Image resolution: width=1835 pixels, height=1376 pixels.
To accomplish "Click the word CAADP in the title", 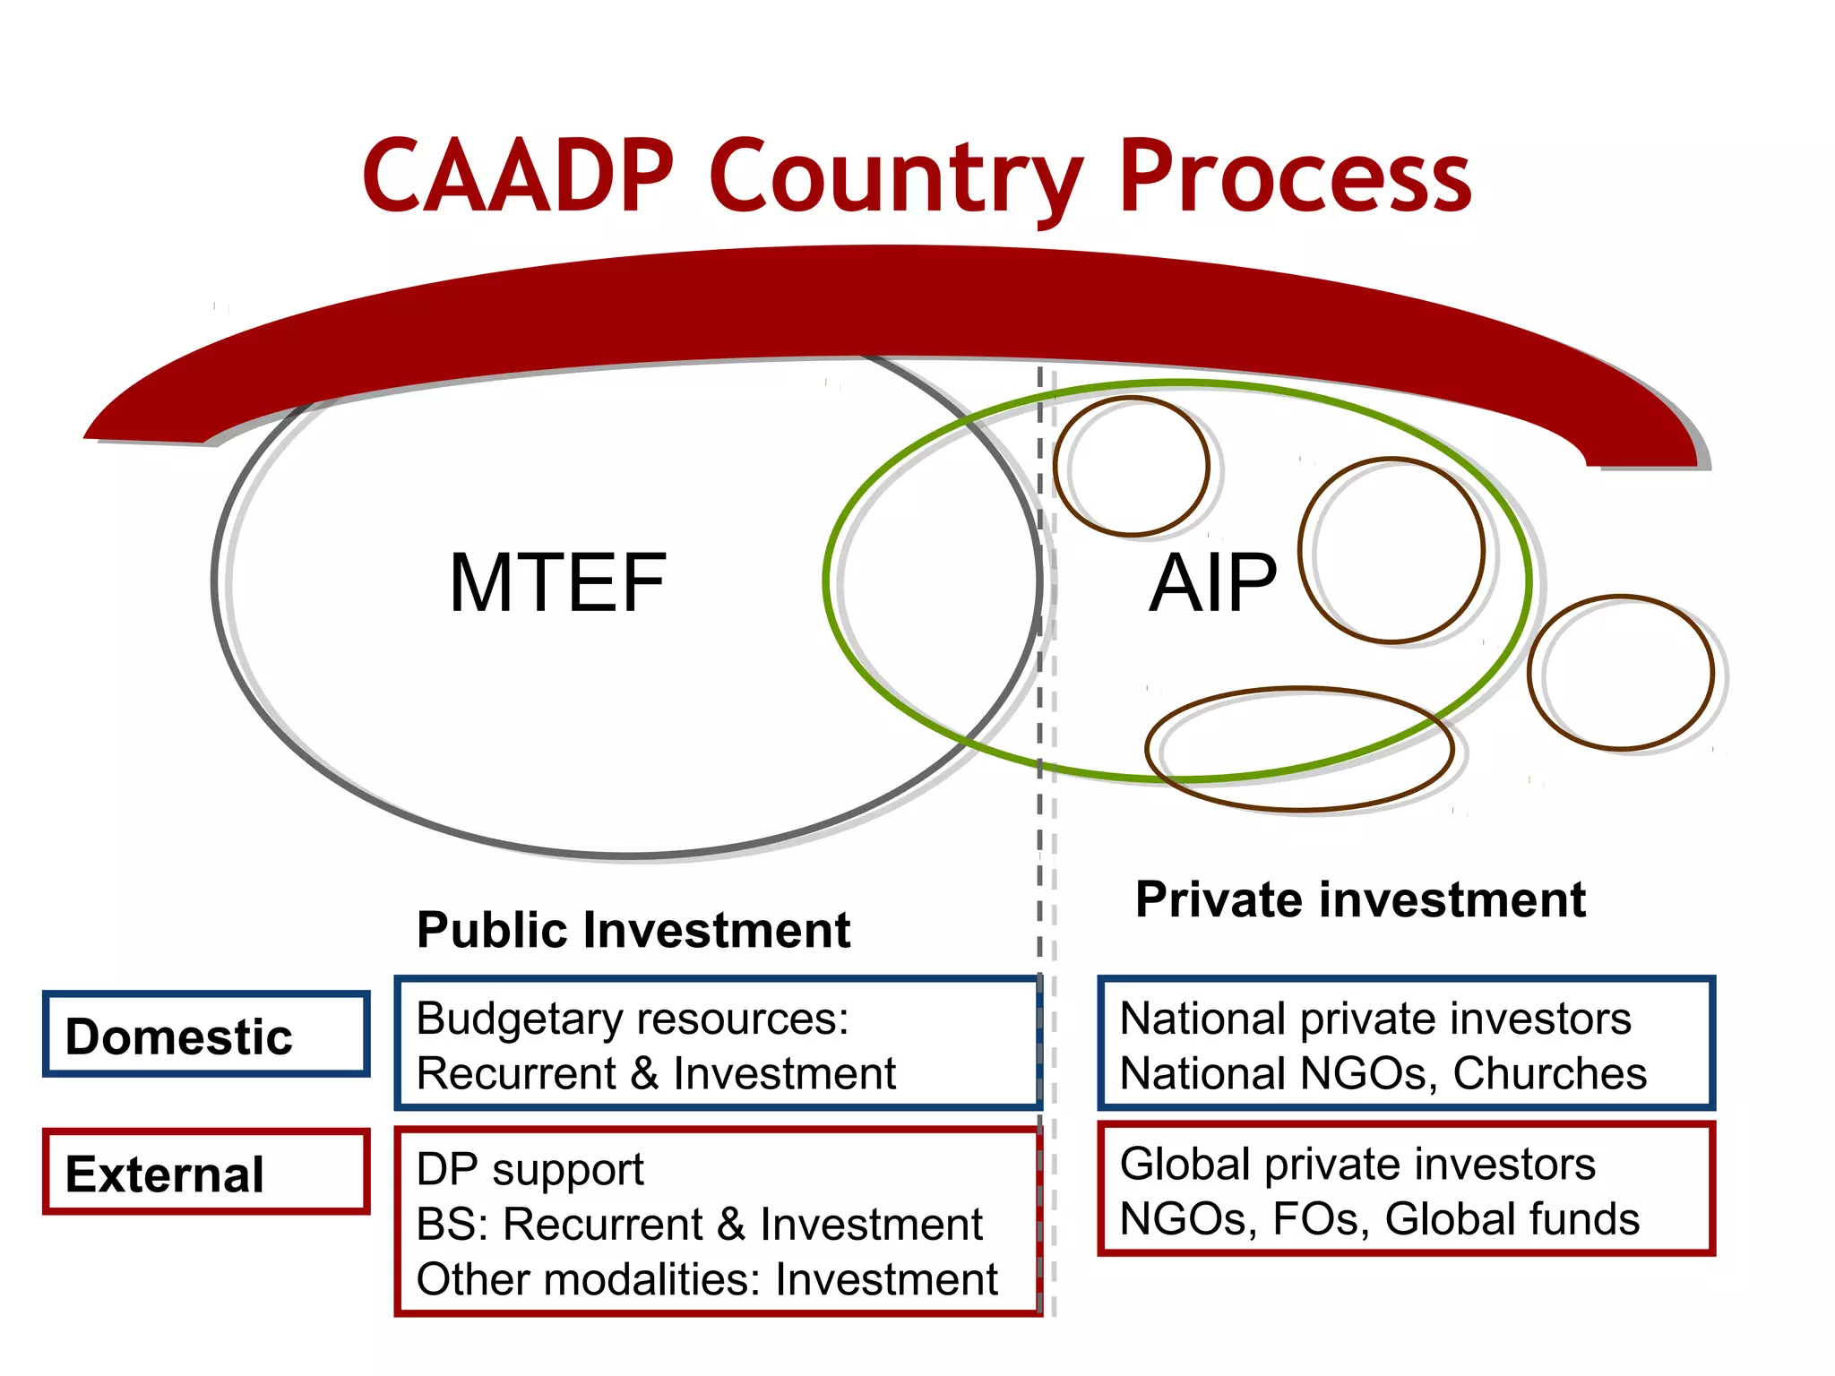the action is (518, 176).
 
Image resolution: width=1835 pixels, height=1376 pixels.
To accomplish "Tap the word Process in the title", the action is (1295, 176).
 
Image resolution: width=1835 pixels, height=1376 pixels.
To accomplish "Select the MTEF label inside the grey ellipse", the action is (557, 583).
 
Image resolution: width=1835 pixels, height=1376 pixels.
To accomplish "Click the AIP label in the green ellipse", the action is (1212, 583).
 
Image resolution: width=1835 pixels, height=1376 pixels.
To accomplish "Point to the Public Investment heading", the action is (633, 930).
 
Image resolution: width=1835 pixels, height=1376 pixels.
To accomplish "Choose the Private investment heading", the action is (1360, 899).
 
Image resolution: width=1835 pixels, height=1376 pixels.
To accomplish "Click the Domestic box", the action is (206, 1035).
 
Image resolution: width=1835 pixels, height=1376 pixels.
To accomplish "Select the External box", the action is (206, 1173).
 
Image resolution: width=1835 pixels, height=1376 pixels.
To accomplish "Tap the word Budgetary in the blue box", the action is (517, 1019).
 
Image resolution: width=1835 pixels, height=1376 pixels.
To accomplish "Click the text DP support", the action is (530, 1169).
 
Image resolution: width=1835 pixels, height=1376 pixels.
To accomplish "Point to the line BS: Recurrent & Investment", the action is (699, 1224).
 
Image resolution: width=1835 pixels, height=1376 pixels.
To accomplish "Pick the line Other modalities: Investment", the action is (706, 1279).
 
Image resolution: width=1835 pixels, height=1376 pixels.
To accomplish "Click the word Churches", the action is (1549, 1073).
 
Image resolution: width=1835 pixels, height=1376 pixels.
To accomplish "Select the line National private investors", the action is (1375, 1019).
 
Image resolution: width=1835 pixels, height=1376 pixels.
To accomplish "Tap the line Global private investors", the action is (1357, 1164).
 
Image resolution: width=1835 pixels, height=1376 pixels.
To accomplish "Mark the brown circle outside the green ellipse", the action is (1620, 673).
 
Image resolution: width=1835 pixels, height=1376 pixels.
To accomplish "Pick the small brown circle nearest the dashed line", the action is (1132, 467).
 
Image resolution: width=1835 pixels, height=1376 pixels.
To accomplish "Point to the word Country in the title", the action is (896, 176).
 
